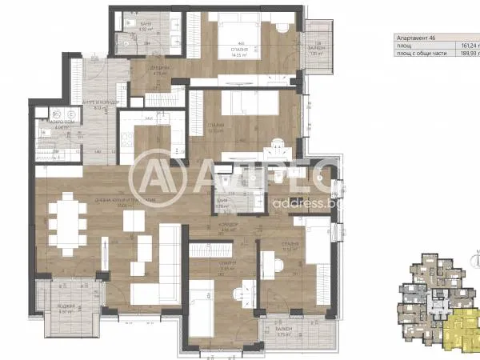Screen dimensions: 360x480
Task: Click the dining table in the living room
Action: (x=66, y=223)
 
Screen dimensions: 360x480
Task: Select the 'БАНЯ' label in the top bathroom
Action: (x=145, y=25)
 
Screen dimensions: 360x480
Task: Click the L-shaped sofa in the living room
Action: (x=160, y=256)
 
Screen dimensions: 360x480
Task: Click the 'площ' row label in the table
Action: (x=405, y=47)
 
